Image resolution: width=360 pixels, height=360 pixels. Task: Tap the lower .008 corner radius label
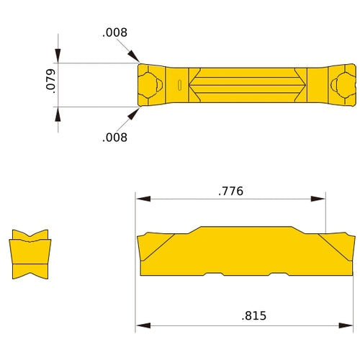coord(114,137)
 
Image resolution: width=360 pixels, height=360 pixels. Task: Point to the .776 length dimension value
coord(230,191)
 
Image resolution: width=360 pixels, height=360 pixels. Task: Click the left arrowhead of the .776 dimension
coord(143,199)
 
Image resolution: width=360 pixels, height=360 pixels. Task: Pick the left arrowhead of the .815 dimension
coord(143,324)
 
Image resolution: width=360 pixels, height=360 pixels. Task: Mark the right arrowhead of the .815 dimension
coord(348,324)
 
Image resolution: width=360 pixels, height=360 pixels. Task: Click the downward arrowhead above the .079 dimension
coord(58,57)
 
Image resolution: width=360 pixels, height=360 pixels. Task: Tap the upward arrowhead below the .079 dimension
coord(58,114)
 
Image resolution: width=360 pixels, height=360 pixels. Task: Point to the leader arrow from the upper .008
coord(135,58)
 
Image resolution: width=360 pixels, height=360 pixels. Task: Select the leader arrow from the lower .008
coord(135,113)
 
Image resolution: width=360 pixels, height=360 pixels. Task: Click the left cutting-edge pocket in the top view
coord(150,86)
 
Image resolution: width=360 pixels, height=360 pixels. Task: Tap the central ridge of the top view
coord(245,86)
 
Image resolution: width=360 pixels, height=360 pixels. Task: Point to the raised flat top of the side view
coord(245,228)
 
